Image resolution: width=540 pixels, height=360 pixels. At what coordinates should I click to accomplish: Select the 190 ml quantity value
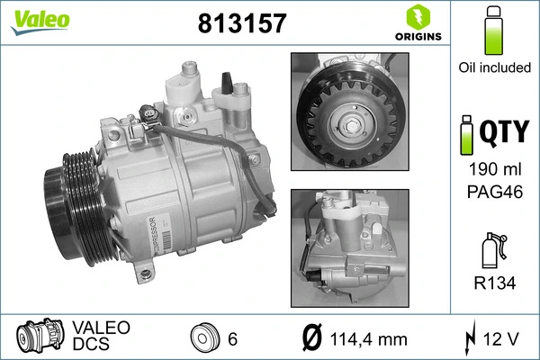coord(493,169)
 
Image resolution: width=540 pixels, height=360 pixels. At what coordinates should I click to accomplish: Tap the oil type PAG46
coord(493,190)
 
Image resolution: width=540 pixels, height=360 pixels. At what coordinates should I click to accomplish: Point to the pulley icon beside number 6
coord(206,337)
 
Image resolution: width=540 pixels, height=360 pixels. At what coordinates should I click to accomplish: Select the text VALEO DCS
coord(100,337)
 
